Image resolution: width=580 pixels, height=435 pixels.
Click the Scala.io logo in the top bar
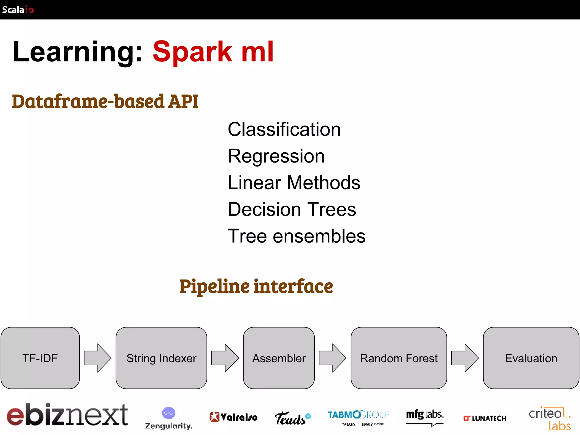(x=18, y=9)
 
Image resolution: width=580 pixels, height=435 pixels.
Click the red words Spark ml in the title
(x=213, y=52)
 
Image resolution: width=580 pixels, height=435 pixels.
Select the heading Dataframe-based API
(x=105, y=101)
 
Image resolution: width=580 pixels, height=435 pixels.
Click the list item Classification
(x=284, y=129)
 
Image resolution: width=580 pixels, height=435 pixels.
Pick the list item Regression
(x=276, y=156)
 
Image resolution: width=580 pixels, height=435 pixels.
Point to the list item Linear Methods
(x=294, y=183)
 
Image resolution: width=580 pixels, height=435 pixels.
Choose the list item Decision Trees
(x=292, y=210)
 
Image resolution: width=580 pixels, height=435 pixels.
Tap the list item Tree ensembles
(x=297, y=236)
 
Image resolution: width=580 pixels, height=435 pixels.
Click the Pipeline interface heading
(x=256, y=286)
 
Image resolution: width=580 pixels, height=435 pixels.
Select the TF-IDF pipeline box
(x=40, y=358)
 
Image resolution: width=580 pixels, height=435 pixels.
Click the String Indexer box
(x=161, y=358)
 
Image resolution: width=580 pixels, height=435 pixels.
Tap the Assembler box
(x=279, y=358)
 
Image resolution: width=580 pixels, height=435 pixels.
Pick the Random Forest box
(x=399, y=358)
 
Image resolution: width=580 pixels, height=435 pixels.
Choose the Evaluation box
(x=531, y=358)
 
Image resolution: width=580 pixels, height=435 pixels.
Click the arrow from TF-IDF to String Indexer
(x=98, y=358)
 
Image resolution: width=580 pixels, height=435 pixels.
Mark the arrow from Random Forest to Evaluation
(x=465, y=358)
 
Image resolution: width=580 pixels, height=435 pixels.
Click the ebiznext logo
(x=67, y=415)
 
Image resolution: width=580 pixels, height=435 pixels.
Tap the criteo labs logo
(x=550, y=418)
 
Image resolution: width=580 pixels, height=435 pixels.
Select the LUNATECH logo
(x=485, y=418)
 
